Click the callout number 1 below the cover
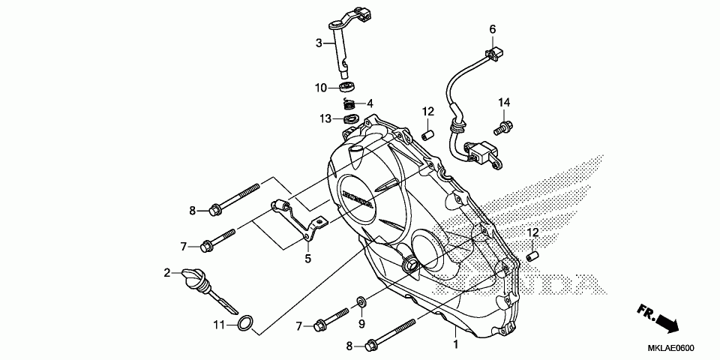tap(454, 344)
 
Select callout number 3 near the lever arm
tap(318, 43)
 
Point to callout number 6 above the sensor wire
tap(492, 29)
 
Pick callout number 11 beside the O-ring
tap(218, 325)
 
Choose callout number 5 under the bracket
tap(307, 259)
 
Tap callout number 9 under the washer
tap(361, 324)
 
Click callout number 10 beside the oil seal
tap(321, 88)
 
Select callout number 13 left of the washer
tap(325, 118)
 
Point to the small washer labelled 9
tap(361, 301)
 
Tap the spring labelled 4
tap(348, 103)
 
